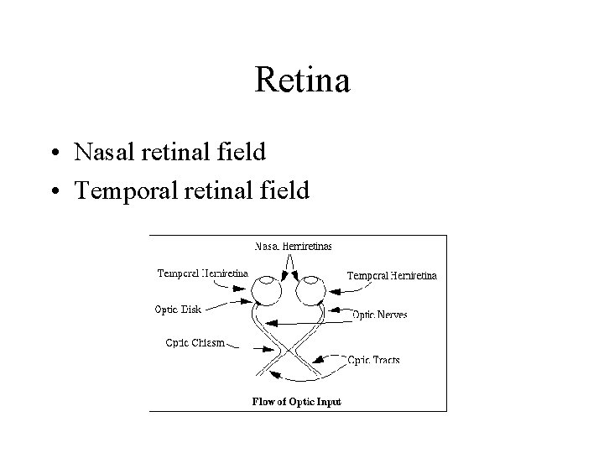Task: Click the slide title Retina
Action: coord(301,82)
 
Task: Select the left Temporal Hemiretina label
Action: coord(202,273)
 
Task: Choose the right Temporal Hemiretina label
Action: coord(391,274)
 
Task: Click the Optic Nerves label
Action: coord(379,315)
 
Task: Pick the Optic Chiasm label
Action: coord(195,341)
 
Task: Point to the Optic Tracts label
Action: coord(374,360)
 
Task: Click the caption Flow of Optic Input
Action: coord(297,402)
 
